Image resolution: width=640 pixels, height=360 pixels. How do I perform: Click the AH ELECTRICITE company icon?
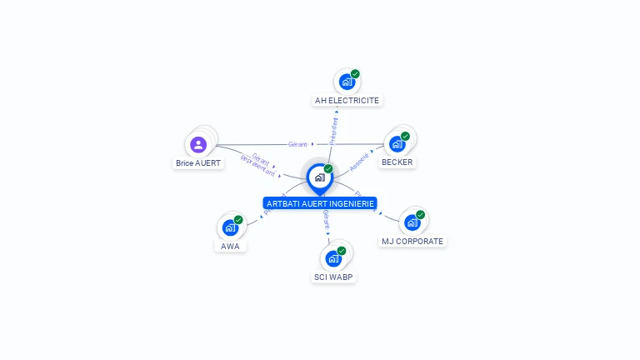click(x=347, y=82)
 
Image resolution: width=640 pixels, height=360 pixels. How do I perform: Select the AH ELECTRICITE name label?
click(x=347, y=101)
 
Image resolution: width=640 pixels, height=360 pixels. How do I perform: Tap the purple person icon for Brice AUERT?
click(x=198, y=145)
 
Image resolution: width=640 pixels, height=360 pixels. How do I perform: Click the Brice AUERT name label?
click(x=198, y=163)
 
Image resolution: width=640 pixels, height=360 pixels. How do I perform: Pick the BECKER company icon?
click(x=397, y=143)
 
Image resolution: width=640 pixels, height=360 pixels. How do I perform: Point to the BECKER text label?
click(x=397, y=162)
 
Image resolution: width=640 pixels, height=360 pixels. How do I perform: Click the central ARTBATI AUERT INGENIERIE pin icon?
click(x=319, y=177)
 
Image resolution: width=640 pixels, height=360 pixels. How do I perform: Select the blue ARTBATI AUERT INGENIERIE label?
click(x=320, y=203)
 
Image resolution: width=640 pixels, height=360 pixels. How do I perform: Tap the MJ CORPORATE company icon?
click(x=412, y=222)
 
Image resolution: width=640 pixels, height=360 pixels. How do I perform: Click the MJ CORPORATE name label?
click(x=412, y=242)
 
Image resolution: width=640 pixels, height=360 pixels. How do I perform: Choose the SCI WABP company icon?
click(x=333, y=258)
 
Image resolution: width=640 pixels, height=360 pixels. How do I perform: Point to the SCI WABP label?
click(x=333, y=277)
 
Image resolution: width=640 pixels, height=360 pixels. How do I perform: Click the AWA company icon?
click(x=230, y=227)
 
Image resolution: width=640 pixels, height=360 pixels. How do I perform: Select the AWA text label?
click(x=230, y=247)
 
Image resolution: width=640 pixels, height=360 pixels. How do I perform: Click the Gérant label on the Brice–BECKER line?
click(x=297, y=144)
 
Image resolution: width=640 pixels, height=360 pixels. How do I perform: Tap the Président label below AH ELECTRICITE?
click(x=334, y=130)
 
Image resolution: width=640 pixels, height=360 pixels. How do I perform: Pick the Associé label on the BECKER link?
click(x=359, y=162)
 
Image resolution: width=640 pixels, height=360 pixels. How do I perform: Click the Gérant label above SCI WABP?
click(x=326, y=220)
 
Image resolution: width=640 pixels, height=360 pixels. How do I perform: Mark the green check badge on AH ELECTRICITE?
click(x=355, y=74)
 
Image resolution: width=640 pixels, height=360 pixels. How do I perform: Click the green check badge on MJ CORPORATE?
click(x=420, y=215)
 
